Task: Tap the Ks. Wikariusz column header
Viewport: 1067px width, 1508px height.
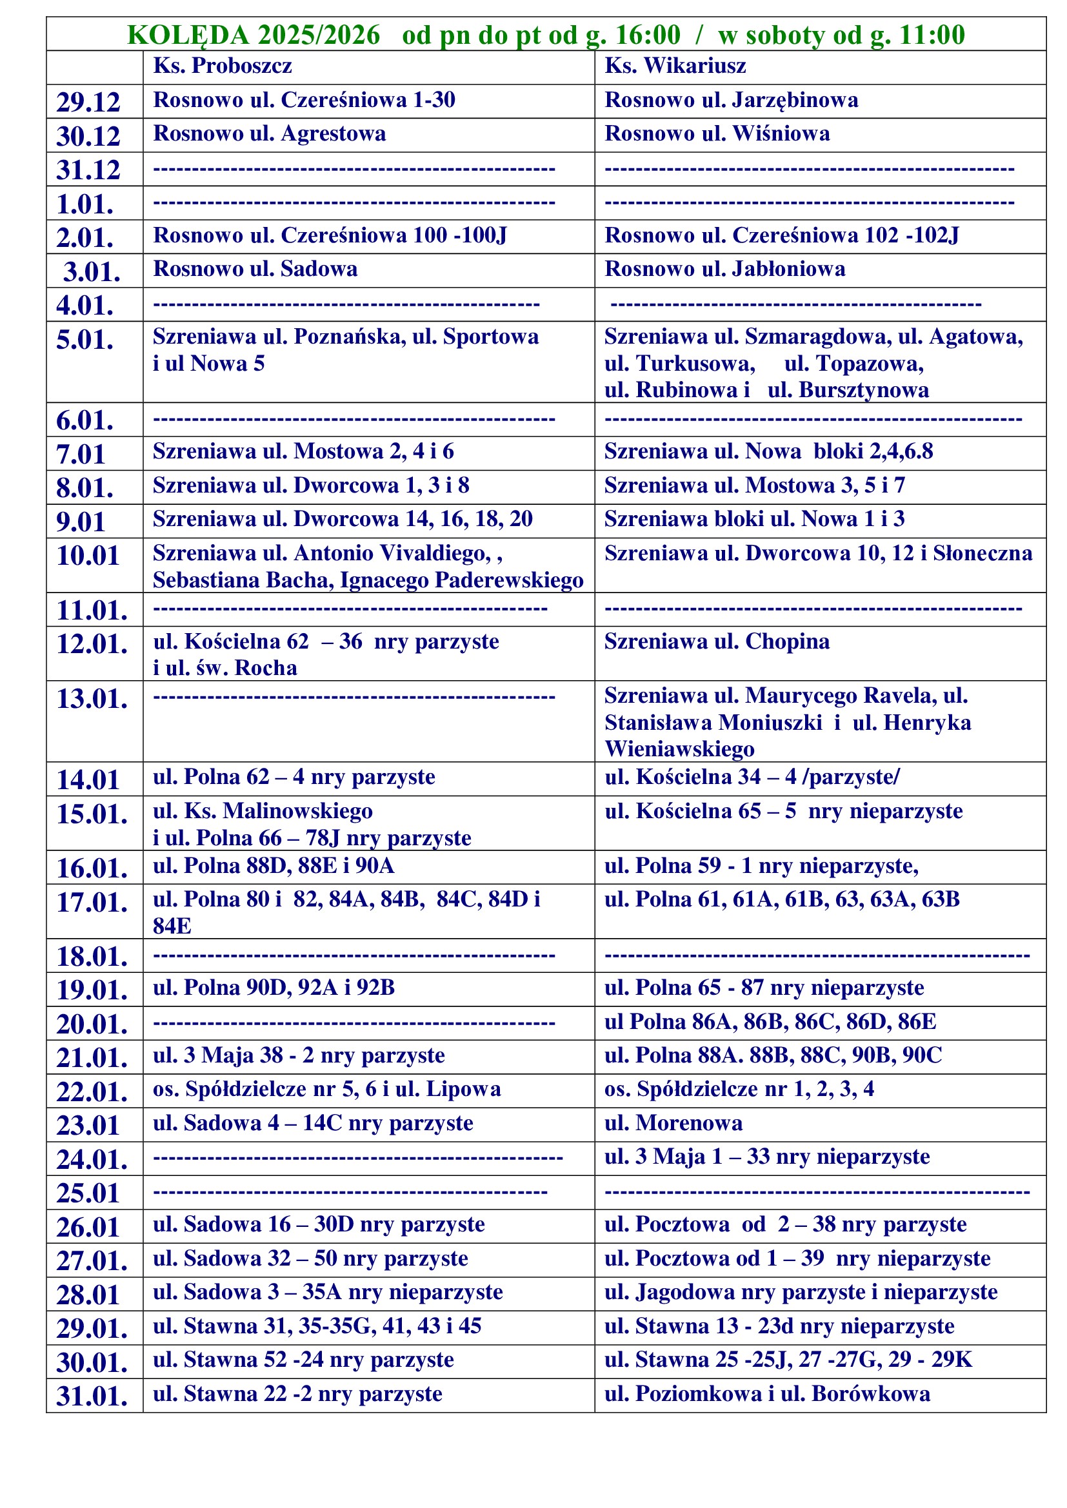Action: tap(675, 66)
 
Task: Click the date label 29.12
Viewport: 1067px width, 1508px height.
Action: tap(88, 103)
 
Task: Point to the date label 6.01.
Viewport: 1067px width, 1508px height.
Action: tap(85, 420)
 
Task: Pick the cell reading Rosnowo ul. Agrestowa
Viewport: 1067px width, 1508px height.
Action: tap(270, 134)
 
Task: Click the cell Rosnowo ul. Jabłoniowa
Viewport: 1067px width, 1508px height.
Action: tap(724, 269)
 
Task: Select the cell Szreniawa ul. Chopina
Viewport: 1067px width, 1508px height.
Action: tap(716, 641)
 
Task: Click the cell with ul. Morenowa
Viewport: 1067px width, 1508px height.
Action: tap(673, 1123)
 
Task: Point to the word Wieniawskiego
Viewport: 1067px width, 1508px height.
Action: tap(679, 749)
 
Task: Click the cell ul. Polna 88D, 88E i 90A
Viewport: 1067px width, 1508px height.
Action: tap(274, 867)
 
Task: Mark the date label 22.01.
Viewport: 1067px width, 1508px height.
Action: tap(92, 1092)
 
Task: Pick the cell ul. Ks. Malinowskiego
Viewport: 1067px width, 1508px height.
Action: tap(263, 811)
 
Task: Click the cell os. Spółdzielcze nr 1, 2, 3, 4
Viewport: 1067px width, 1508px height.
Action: tap(739, 1090)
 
